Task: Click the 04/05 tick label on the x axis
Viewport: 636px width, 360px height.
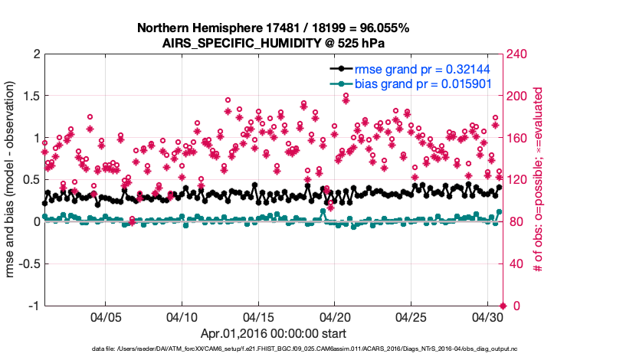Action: pyautogui.click(x=106, y=316)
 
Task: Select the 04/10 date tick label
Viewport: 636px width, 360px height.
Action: pyautogui.click(x=182, y=316)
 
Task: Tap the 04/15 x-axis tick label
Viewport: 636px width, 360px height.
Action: pyautogui.click(x=258, y=316)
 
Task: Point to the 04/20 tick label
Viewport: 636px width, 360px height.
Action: pyautogui.click(x=334, y=316)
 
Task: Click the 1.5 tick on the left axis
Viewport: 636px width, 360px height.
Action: pyautogui.click(x=30, y=97)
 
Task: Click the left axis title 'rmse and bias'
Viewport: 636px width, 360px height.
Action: pyautogui.click(x=11, y=180)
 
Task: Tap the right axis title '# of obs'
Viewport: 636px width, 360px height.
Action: pyautogui.click(x=539, y=180)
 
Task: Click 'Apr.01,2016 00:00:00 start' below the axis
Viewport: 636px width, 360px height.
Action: pyautogui.click(x=273, y=333)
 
